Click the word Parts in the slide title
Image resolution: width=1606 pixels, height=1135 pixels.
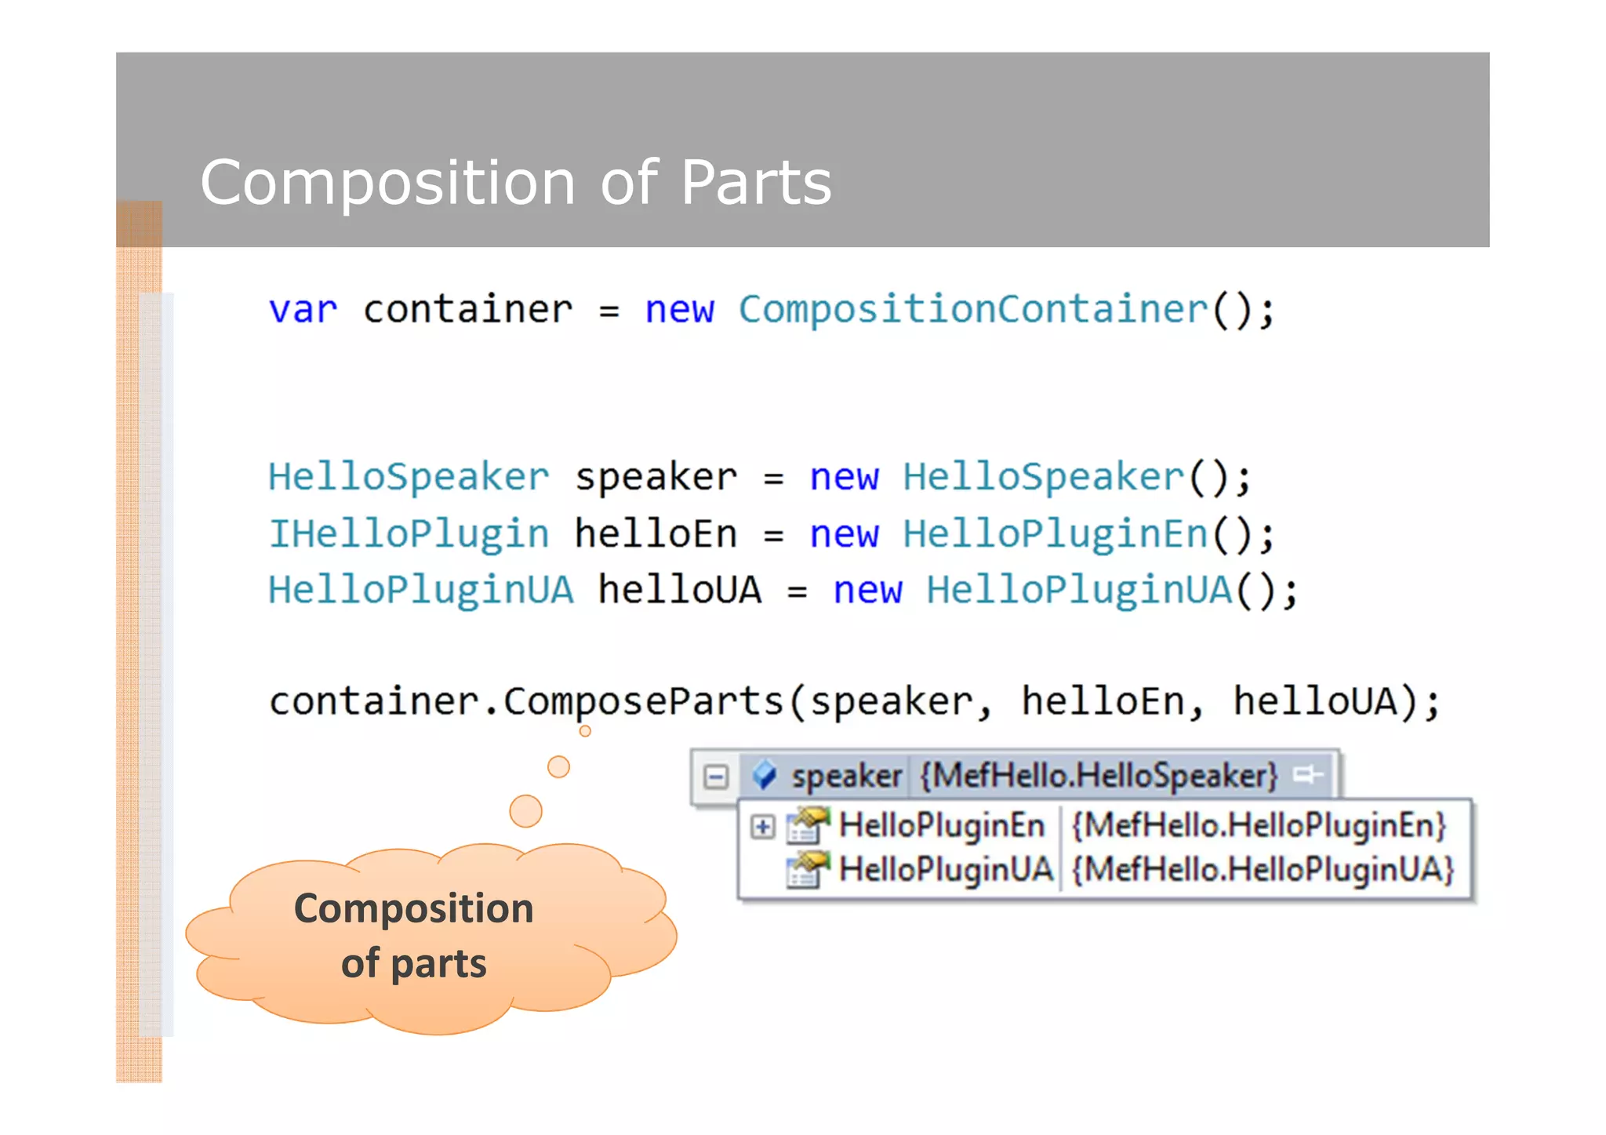click(x=755, y=183)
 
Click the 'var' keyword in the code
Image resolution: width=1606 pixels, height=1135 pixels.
click(x=303, y=310)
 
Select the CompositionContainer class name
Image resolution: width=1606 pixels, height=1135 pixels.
click(x=973, y=309)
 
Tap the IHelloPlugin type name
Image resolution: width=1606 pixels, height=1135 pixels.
click(x=408, y=534)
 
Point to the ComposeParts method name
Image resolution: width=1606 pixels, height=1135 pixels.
click(x=643, y=701)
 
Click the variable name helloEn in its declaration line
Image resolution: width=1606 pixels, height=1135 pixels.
click(x=656, y=534)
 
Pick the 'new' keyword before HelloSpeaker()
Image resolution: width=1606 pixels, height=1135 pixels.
click(x=844, y=477)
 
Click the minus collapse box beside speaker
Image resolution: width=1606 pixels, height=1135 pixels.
click(x=716, y=777)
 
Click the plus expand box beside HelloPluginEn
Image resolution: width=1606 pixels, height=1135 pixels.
click(x=762, y=826)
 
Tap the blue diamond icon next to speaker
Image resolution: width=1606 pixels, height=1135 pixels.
click(x=764, y=776)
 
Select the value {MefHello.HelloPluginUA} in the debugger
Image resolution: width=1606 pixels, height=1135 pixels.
click(x=1263, y=870)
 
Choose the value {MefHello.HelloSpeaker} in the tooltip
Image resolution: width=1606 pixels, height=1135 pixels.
click(x=1099, y=776)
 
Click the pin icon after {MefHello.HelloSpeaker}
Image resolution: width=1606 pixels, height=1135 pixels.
click(x=1308, y=775)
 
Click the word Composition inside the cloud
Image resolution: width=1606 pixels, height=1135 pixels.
click(x=413, y=909)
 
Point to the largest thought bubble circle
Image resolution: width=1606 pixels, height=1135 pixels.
click(x=525, y=810)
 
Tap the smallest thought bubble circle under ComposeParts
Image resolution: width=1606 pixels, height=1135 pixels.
click(x=585, y=731)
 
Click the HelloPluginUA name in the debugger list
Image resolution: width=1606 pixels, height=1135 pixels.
click(x=945, y=870)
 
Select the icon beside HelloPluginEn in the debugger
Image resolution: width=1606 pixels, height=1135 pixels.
click(x=808, y=825)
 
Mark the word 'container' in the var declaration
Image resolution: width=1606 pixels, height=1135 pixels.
click(x=468, y=310)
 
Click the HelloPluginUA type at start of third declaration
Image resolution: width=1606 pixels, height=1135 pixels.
click(x=420, y=590)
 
